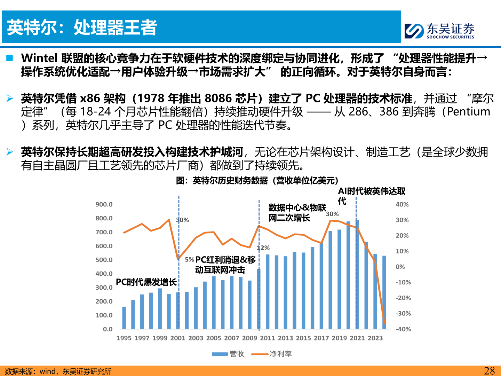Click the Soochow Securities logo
tap(439, 31)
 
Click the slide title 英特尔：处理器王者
tap(82, 28)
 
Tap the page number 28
tap(489, 370)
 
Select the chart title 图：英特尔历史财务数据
tap(257, 180)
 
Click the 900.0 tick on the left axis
tap(104, 204)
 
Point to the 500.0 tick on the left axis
tap(104, 260)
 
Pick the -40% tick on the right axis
tap(403, 329)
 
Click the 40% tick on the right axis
tap(402, 204)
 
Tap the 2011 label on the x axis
tap(268, 338)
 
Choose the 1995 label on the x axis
tap(124, 338)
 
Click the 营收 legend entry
tap(228, 354)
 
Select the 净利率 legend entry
tap(272, 354)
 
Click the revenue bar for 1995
tap(124, 318)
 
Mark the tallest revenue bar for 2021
tap(357, 275)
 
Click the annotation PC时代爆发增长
tap(146, 282)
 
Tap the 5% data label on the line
tap(189, 259)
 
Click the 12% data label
tap(263, 248)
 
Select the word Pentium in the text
tap(468, 112)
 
